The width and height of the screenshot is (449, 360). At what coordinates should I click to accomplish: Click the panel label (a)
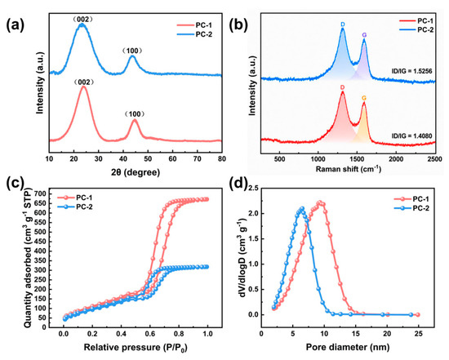[x=16, y=24]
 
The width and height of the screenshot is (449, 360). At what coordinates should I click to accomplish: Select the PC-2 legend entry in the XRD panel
[x=195, y=34]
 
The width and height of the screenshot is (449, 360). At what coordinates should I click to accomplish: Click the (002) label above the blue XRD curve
[x=82, y=20]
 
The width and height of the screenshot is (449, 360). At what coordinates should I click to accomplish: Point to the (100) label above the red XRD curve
[x=135, y=114]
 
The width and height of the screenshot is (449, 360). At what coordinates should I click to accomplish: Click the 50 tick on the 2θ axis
[x=148, y=158]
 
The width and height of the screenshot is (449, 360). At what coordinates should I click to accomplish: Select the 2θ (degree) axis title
[x=136, y=172]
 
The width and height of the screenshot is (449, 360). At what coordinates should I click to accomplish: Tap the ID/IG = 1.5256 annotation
[x=411, y=71]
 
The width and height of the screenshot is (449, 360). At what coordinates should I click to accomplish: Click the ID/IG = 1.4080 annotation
[x=411, y=136]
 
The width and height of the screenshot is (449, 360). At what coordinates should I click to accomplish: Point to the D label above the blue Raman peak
[x=343, y=24]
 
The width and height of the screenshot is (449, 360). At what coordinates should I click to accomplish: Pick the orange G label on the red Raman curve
[x=364, y=98]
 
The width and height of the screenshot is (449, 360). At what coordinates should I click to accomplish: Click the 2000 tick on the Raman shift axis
[x=396, y=159]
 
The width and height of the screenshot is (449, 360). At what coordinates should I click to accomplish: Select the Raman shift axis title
[x=349, y=169]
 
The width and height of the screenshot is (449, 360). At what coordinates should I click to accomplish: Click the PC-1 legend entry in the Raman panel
[x=416, y=20]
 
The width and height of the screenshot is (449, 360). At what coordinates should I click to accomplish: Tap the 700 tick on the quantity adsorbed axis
[x=40, y=194]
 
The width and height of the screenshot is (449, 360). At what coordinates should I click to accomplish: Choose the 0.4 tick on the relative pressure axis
[x=121, y=334]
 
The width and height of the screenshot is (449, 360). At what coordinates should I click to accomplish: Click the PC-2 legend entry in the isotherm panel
[x=75, y=207]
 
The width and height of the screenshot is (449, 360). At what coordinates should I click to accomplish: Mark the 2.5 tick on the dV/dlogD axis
[x=252, y=188]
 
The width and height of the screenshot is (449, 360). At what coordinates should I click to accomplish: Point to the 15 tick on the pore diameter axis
[x=355, y=334]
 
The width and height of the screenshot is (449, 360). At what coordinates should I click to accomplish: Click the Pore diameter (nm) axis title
[x=348, y=348]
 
